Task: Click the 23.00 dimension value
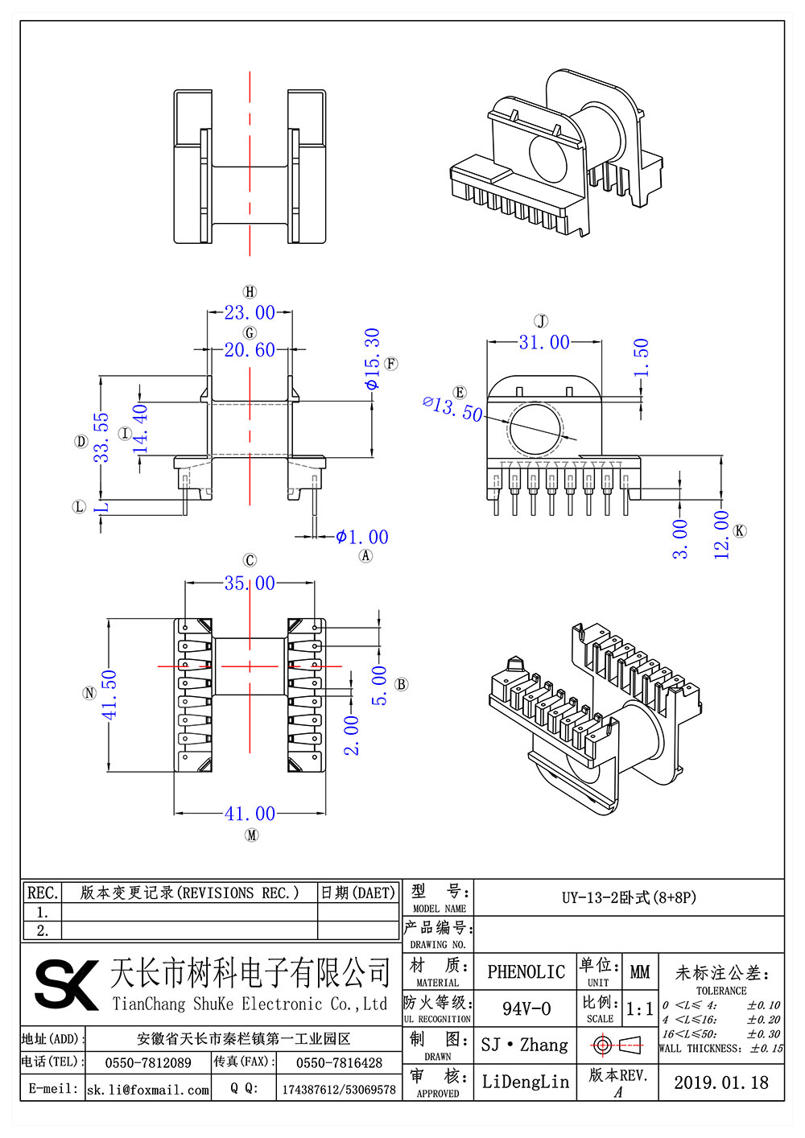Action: (x=250, y=312)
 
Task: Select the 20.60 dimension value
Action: (x=250, y=349)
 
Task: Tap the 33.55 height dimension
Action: (x=101, y=437)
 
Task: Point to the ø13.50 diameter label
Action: (x=452, y=410)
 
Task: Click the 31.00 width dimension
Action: (x=544, y=342)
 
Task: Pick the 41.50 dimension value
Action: (x=109, y=695)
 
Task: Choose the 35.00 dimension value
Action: (x=250, y=583)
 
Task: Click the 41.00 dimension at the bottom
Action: (x=250, y=814)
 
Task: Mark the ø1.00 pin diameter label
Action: (x=362, y=537)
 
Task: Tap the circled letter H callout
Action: (x=250, y=291)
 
